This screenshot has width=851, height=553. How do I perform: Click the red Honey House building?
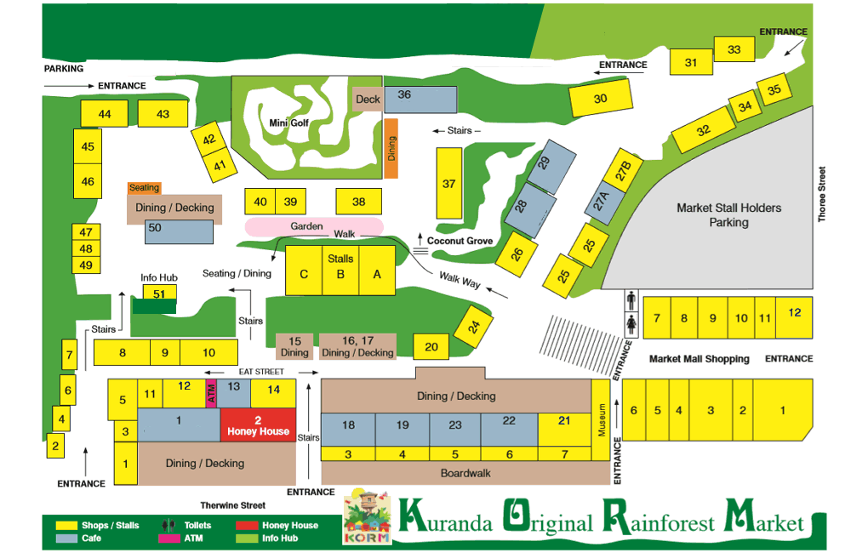tap(258, 425)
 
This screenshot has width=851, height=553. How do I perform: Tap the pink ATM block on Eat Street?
tap(211, 394)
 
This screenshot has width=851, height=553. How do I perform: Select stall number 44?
tap(105, 114)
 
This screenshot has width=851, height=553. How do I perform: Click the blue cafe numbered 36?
tap(420, 99)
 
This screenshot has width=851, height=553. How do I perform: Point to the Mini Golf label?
tap(288, 123)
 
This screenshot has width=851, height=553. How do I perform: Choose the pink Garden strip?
tap(306, 226)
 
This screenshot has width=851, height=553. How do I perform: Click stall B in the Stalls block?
tap(340, 273)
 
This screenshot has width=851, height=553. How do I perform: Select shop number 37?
tap(449, 183)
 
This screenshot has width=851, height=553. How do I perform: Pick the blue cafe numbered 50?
tap(179, 232)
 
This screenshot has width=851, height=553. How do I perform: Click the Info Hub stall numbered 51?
tap(159, 293)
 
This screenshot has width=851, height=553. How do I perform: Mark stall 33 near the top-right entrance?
tap(734, 50)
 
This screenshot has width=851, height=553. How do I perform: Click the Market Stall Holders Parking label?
tap(728, 214)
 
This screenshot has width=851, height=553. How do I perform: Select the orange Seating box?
tap(144, 188)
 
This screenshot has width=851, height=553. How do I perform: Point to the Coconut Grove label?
tap(460, 241)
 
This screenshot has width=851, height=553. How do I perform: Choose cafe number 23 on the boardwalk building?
tap(455, 425)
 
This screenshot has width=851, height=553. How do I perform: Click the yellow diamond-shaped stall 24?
tap(475, 325)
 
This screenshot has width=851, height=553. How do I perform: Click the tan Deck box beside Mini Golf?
tap(368, 99)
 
